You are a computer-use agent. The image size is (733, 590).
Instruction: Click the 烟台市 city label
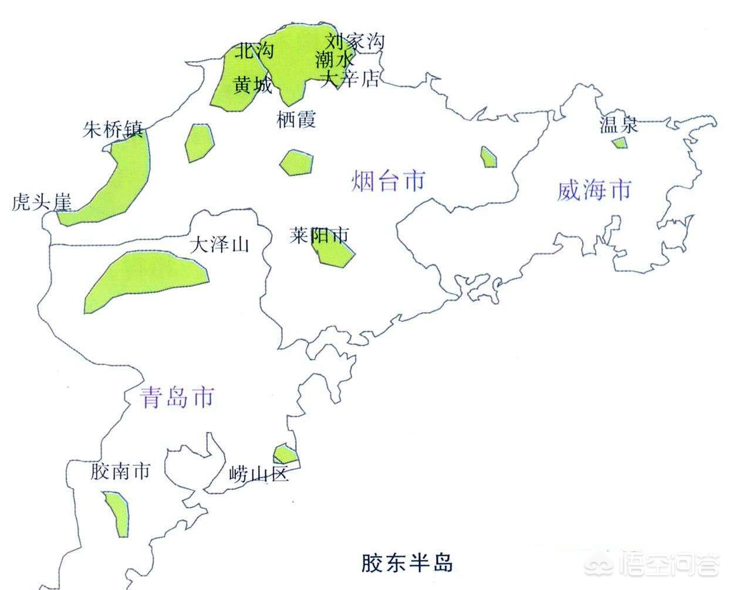[389, 181]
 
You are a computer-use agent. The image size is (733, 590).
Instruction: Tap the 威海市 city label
[594, 191]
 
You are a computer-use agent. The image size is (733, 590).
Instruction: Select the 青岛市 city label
[177, 398]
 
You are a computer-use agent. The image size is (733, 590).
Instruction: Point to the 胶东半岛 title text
[406, 563]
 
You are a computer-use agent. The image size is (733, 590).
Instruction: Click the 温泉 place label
[618, 124]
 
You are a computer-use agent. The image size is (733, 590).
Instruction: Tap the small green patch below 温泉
[619, 143]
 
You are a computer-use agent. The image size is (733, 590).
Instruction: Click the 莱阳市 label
[319, 235]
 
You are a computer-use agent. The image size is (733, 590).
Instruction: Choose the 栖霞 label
[296, 120]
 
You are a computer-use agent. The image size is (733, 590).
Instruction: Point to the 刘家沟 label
[355, 41]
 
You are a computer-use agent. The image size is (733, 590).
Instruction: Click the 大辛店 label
[350, 79]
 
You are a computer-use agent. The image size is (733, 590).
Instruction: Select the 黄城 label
[253, 86]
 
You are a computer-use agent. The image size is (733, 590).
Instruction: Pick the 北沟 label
[254, 52]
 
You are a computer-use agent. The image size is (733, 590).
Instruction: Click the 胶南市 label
[120, 470]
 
